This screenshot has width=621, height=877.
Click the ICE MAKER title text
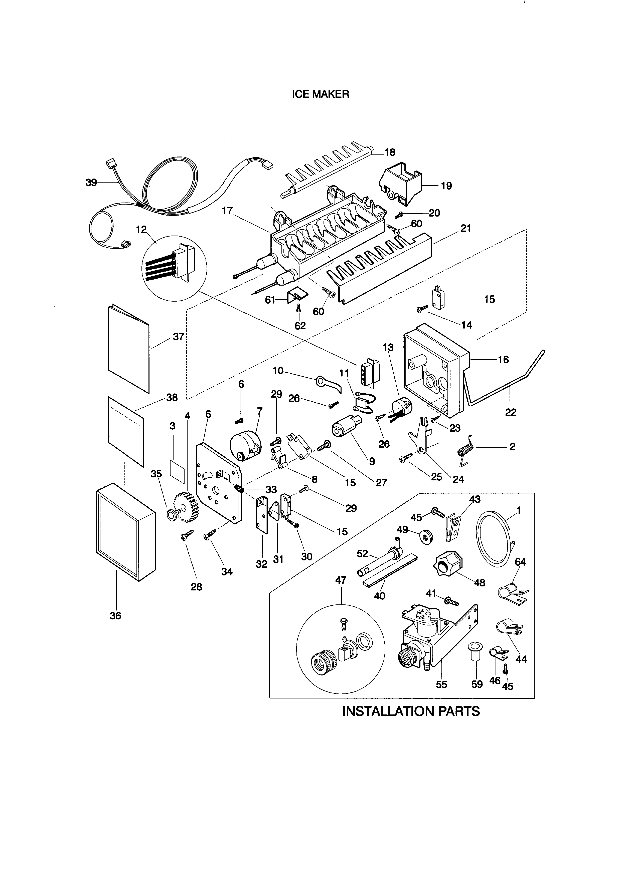[321, 94]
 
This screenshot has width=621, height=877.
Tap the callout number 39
[91, 183]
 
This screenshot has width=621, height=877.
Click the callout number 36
[115, 616]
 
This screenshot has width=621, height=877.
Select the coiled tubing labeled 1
[494, 539]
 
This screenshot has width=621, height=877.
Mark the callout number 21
[465, 228]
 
